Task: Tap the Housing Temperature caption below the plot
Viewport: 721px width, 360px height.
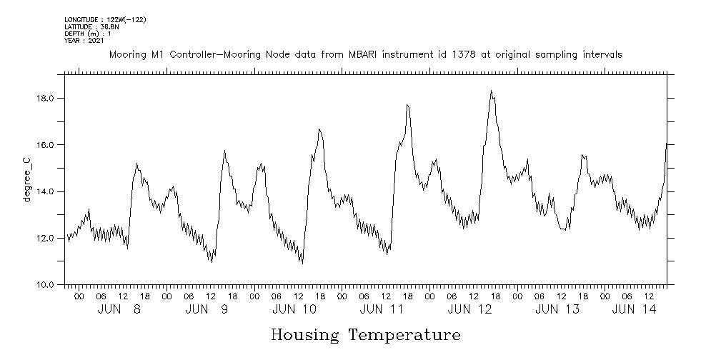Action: pos(365,334)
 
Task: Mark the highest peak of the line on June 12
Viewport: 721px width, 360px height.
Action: pos(492,91)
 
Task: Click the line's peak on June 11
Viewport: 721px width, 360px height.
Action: pos(407,105)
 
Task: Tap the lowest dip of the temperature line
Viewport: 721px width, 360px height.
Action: pos(302,264)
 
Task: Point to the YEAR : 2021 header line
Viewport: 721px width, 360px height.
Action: pos(84,41)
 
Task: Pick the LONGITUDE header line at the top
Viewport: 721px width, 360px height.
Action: pos(105,19)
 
